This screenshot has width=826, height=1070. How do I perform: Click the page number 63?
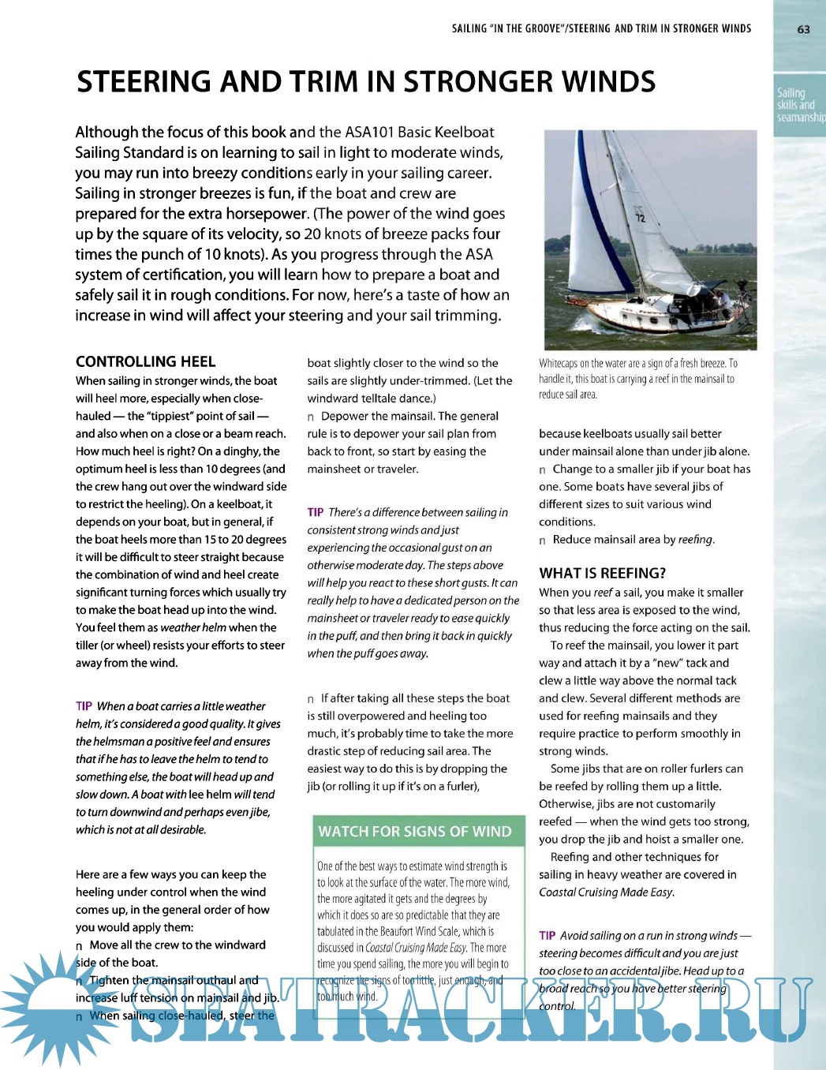click(803, 29)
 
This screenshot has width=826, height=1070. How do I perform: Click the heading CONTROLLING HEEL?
click(145, 361)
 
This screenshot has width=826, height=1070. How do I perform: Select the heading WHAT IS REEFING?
click(602, 573)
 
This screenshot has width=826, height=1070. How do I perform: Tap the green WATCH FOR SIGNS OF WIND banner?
click(415, 831)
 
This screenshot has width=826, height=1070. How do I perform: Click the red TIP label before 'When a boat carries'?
click(84, 706)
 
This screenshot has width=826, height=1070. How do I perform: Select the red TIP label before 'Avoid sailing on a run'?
click(547, 935)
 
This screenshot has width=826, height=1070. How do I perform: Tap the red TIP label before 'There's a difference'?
click(316, 512)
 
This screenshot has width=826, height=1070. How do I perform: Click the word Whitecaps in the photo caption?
click(558, 363)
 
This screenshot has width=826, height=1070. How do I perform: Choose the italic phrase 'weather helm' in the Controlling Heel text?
click(192, 627)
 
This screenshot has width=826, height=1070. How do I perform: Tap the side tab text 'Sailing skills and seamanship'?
click(799, 105)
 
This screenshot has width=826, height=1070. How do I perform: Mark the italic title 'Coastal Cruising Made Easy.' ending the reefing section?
click(606, 892)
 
